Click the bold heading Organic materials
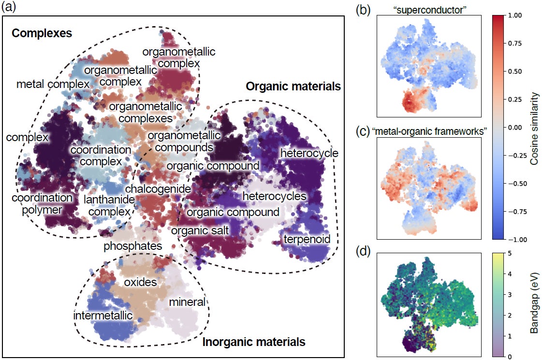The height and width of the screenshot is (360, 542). point(293,87)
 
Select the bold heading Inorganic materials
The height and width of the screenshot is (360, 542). point(254,342)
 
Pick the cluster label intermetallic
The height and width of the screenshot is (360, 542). point(103,316)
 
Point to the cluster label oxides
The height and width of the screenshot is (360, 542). point(140,282)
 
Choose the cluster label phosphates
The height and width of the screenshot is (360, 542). point(132,246)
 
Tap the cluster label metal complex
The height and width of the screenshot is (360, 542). point(53,85)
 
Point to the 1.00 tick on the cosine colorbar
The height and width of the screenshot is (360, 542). point(516,15)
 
